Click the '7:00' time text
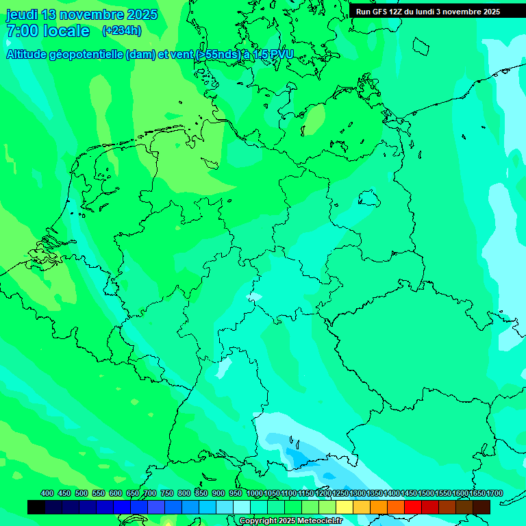22,31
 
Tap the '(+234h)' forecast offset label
122,30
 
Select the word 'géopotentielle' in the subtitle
86,55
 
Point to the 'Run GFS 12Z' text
380,12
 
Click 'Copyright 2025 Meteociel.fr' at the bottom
290,521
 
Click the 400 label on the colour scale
47,494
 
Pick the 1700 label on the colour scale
476,494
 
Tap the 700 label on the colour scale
150,494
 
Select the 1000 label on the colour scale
254,494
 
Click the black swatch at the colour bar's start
36,507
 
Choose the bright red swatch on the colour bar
413,507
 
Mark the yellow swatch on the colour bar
345,507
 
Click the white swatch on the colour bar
242,507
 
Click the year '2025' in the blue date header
141,14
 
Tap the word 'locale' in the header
66,31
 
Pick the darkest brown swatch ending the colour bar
481,507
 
